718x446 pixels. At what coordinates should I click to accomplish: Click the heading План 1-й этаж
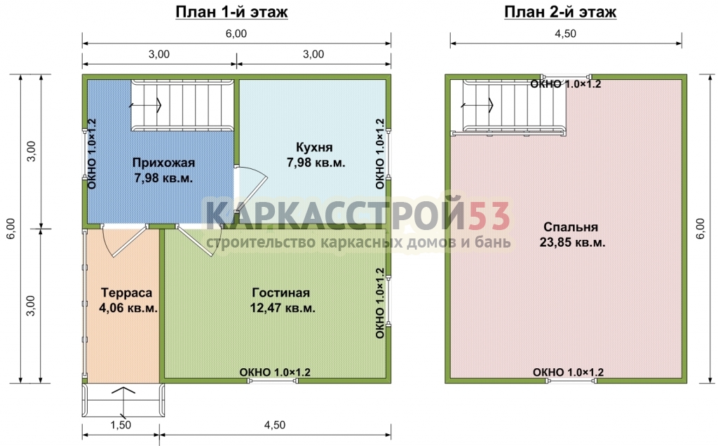click(x=231, y=12)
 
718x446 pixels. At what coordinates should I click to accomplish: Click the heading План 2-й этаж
click(x=560, y=12)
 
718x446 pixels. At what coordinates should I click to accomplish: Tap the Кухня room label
click(x=314, y=147)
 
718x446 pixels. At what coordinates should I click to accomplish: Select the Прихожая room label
click(x=163, y=163)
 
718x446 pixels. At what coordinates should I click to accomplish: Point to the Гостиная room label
click(x=280, y=292)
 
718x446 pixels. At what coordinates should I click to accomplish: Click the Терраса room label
click(x=126, y=292)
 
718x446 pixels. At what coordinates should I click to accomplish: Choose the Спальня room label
click(x=571, y=227)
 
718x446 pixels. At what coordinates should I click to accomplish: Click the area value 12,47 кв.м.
click(x=283, y=308)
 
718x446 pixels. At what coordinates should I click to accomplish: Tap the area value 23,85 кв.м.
click(x=572, y=243)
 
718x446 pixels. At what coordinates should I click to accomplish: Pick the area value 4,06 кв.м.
click(x=128, y=308)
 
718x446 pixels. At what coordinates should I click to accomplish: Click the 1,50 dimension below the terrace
click(x=121, y=425)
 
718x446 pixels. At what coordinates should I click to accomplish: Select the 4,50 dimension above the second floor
click(x=566, y=34)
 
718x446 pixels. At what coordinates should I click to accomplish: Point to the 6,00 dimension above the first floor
click(x=236, y=34)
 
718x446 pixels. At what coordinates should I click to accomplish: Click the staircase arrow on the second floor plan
click(x=477, y=105)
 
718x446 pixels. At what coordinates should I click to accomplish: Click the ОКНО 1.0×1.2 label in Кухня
click(x=380, y=154)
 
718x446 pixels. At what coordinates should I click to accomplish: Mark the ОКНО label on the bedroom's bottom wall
click(x=568, y=372)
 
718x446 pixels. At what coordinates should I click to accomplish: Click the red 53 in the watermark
click(x=489, y=215)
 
